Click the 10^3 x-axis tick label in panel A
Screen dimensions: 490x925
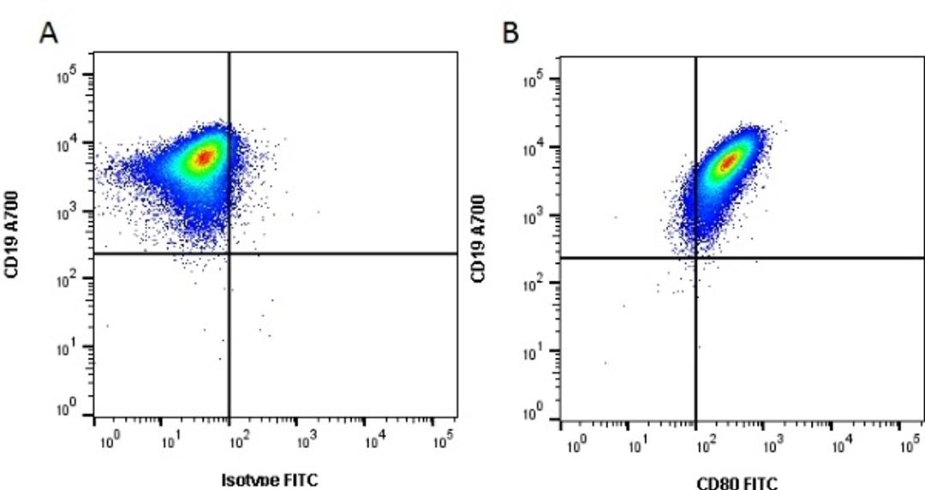(x=307, y=444)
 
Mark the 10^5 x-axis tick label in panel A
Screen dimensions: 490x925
(x=441, y=444)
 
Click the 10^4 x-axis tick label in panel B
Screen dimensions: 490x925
(x=843, y=447)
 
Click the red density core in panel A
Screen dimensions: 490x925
(x=204, y=157)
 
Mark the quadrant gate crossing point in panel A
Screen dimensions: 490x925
(x=229, y=254)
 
